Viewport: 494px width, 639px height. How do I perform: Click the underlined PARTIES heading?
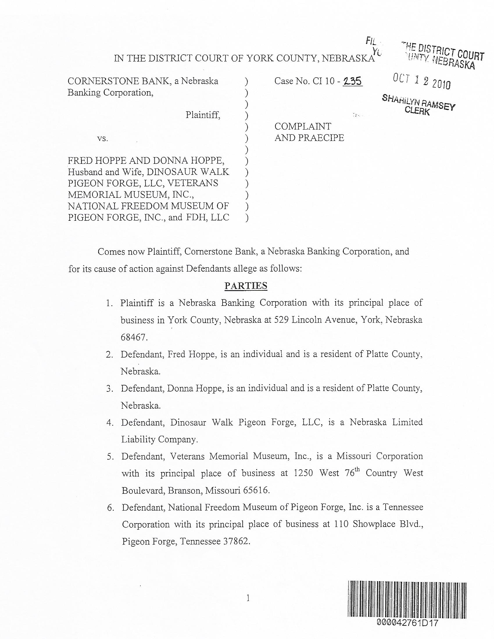[246, 286]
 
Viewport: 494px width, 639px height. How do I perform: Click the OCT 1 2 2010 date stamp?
[422, 81]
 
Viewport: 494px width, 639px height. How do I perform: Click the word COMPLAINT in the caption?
[303, 126]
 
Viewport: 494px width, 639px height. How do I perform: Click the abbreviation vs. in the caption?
[102, 138]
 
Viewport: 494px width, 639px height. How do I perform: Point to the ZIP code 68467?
[134, 337]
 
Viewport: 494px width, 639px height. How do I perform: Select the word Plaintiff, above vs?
[203, 115]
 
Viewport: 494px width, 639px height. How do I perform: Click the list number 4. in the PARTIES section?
[110, 423]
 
